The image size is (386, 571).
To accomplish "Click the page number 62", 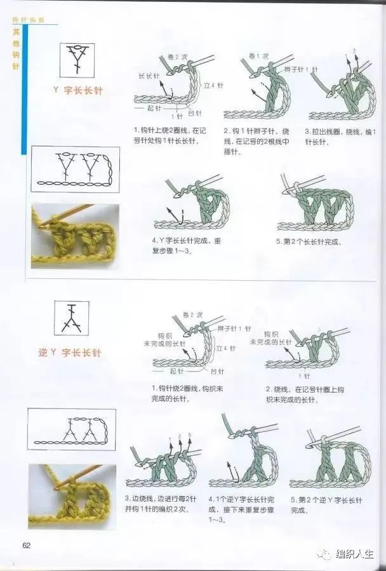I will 27,544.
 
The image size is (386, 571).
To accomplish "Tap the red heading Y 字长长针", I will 77,91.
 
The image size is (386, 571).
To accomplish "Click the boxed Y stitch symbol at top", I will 77,60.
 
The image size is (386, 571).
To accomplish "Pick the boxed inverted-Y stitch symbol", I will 70,318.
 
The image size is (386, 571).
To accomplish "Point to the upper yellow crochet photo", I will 74,236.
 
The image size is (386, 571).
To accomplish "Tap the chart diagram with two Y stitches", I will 75,170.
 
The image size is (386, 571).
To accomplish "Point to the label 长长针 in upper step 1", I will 149,76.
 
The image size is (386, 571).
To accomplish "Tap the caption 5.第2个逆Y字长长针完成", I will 326,506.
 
